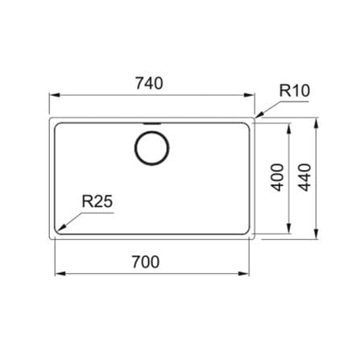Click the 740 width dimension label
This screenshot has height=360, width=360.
pos(149,83)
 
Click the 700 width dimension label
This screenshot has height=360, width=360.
pos(146,262)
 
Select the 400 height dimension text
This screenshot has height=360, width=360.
pos(278,177)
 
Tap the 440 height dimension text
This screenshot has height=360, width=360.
pos(305,177)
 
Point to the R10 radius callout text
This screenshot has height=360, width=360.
pos(295,90)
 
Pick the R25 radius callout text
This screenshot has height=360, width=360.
pos(97,201)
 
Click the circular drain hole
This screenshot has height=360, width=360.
pos(151,148)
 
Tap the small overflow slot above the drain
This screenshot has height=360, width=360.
pos(152,123)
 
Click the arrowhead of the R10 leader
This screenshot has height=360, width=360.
pos(259,114)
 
